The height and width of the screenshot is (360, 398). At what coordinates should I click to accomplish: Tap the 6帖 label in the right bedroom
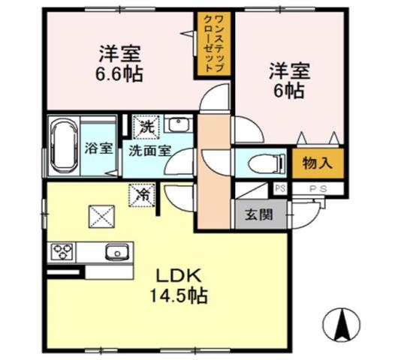click(x=287, y=91)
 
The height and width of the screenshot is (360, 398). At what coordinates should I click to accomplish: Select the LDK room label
click(x=177, y=276)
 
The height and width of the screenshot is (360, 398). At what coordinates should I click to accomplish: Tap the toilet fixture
click(x=264, y=161)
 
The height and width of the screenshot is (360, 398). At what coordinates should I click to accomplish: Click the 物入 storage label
click(x=318, y=162)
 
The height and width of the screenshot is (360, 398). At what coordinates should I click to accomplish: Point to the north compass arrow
click(x=342, y=323)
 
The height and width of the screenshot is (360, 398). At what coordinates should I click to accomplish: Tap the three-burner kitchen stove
click(x=63, y=252)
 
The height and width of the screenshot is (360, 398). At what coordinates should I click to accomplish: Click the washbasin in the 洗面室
click(x=177, y=125)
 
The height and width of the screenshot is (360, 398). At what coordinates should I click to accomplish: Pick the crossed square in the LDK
click(x=101, y=215)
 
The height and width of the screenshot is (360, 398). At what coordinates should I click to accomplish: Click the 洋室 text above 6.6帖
click(x=119, y=54)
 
